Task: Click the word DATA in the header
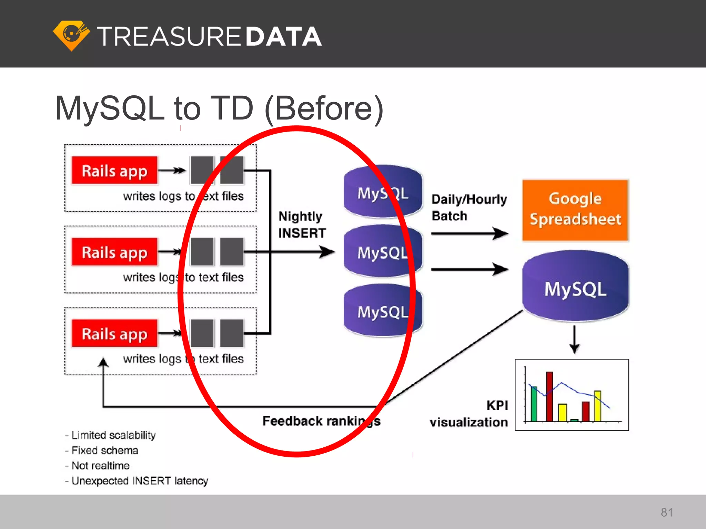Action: pos(283,37)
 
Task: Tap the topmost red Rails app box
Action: pos(114,171)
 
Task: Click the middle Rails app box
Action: pos(114,252)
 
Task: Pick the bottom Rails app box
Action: pos(114,333)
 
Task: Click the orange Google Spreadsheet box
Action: pos(575,210)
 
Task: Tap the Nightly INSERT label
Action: pos(302,225)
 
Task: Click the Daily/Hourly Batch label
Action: pos(469,207)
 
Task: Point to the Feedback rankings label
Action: pos(321,421)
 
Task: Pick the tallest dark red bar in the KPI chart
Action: pos(549,396)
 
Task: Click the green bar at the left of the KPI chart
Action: pos(534,404)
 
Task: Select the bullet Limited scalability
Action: pos(110,435)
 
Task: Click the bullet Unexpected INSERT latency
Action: pos(137,481)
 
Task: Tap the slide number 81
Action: pos(667,512)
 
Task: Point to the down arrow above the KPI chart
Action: pos(574,339)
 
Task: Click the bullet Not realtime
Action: pos(98,466)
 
